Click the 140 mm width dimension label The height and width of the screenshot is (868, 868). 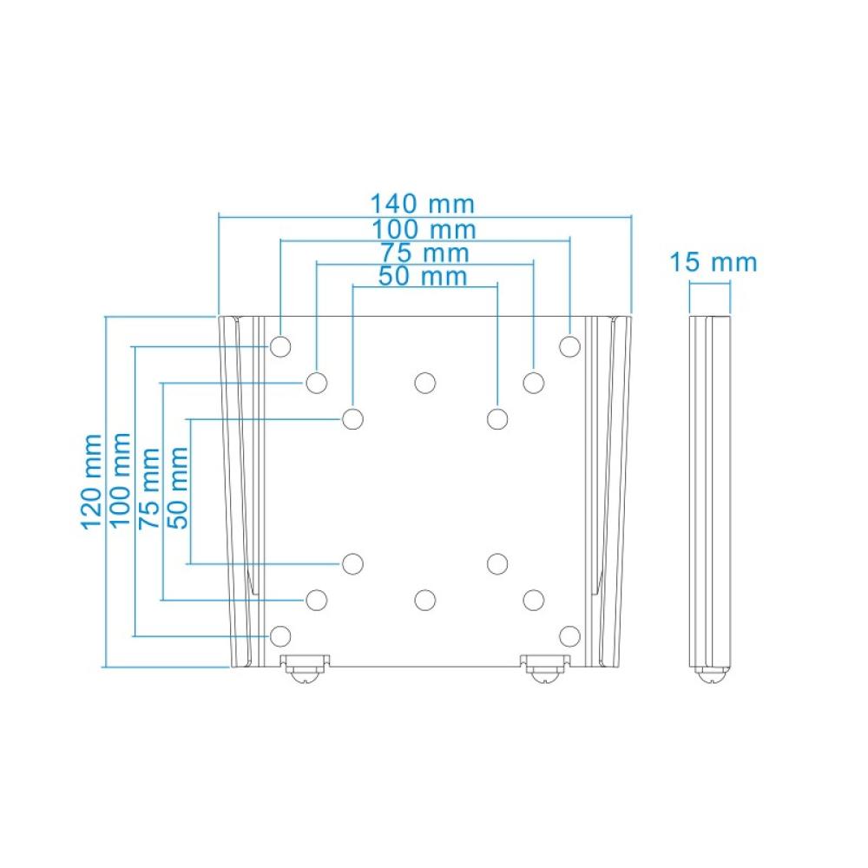coord(423,205)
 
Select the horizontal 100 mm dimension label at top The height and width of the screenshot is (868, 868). coord(423,230)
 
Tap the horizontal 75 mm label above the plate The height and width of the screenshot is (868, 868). coord(424,253)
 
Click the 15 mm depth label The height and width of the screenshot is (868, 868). coord(713,262)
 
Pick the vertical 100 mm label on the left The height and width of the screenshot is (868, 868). coord(122,480)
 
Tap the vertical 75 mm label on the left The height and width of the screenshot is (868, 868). coord(150,488)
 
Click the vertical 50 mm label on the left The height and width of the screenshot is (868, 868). coord(178,488)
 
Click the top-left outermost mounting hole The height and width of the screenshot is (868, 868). coord(280,346)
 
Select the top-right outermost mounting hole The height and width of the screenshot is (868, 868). coord(569,346)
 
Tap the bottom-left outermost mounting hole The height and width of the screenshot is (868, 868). coord(280,636)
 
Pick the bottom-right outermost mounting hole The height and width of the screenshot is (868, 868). coord(569,636)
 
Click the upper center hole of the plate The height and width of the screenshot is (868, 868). coord(424,382)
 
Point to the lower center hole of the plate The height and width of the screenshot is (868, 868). coord(424,599)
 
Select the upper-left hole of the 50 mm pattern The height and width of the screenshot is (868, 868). coord(352,419)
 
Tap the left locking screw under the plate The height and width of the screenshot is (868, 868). coord(304,670)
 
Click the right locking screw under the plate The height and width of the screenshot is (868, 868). coord(545,670)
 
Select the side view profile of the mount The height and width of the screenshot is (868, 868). coord(710,495)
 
